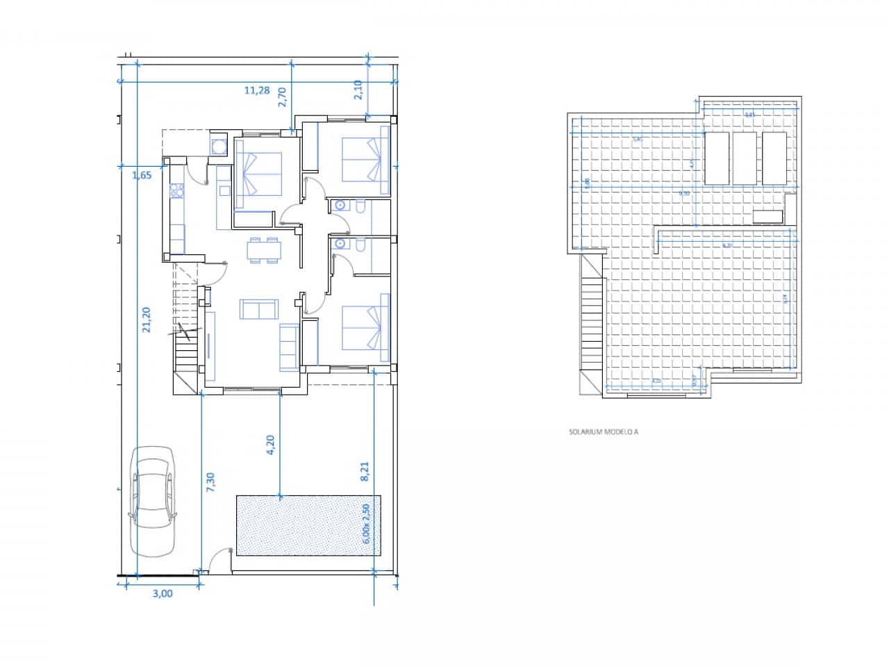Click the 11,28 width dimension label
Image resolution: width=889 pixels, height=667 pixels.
[256, 90]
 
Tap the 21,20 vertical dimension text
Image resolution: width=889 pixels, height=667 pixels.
[147, 320]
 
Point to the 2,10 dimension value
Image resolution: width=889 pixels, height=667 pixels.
[358, 90]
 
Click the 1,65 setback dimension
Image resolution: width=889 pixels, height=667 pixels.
[142, 175]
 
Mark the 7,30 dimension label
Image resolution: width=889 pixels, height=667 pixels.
[210, 483]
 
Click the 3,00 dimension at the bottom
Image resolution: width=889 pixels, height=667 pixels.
[162, 593]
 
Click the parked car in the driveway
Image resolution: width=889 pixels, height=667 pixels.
[153, 501]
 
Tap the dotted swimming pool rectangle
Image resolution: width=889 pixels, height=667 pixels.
[306, 525]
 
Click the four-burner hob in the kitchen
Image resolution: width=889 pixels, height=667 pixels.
[176, 189]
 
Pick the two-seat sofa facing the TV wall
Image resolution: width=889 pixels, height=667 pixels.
[258, 309]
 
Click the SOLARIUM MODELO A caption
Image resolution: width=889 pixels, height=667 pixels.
[603, 431]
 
